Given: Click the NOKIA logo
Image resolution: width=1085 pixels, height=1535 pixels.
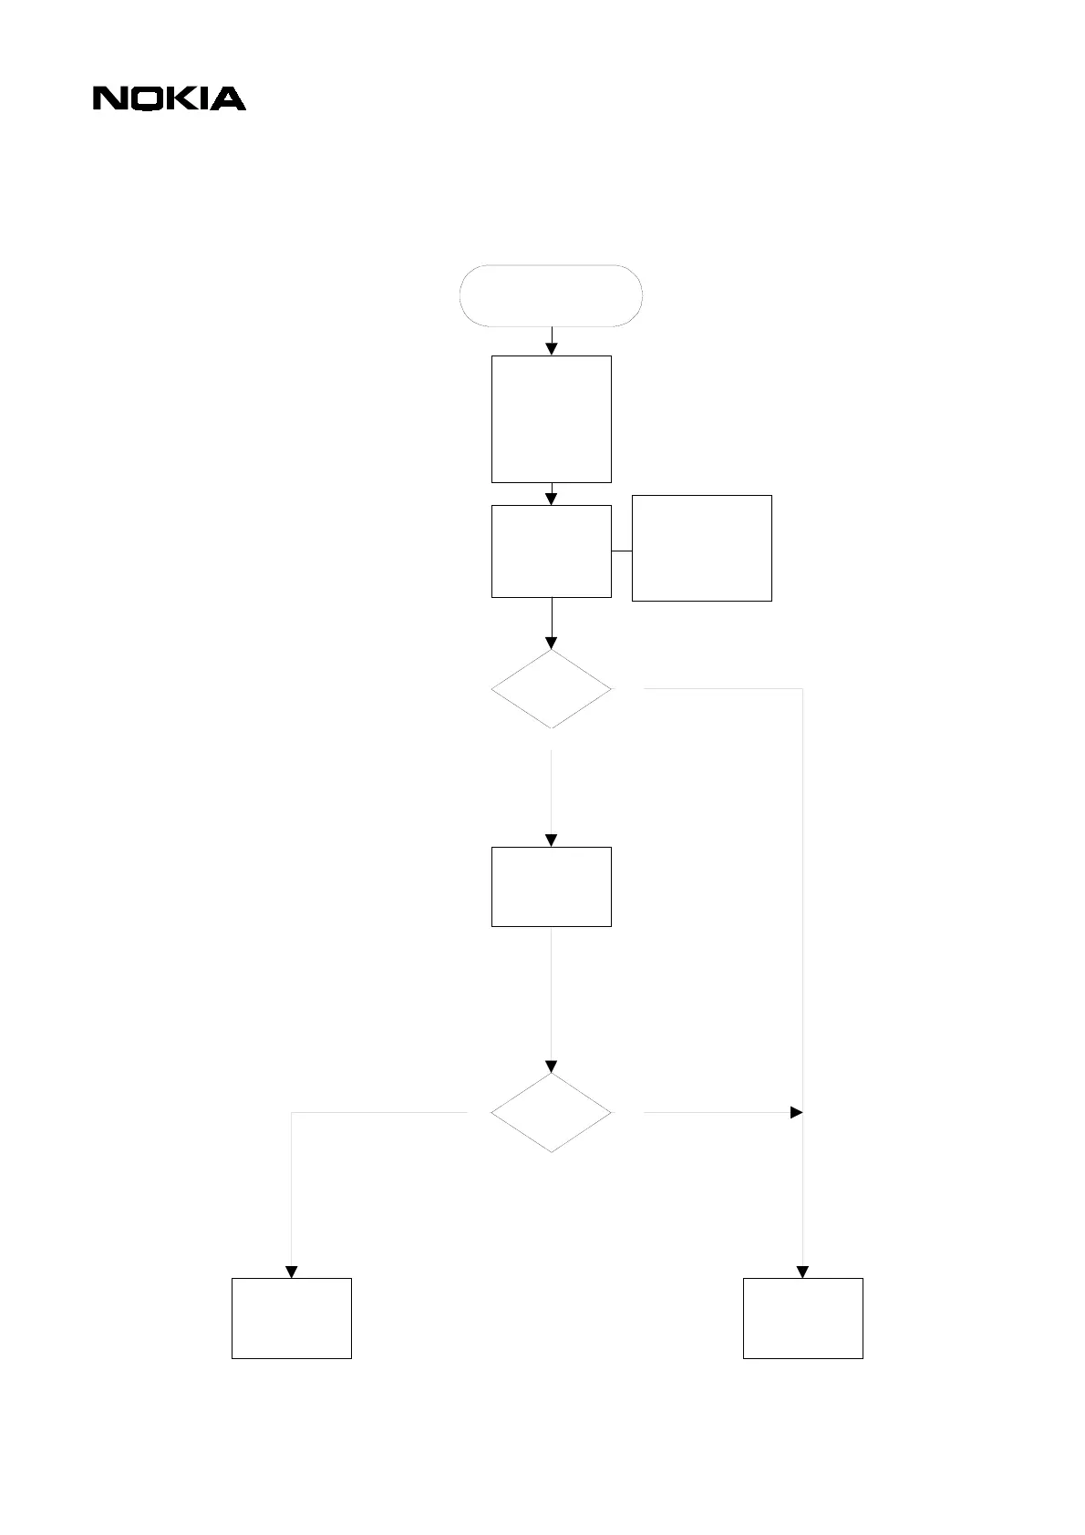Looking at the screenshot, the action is pos(169,98).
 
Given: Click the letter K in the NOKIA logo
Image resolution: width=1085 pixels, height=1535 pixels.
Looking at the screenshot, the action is pos(181,98).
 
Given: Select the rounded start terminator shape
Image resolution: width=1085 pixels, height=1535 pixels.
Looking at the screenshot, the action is pos(552,295).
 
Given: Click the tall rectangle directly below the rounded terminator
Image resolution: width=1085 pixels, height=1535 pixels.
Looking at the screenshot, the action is pos(552,418).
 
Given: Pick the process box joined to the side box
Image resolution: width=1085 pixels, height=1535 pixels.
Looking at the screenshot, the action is pos(552,551).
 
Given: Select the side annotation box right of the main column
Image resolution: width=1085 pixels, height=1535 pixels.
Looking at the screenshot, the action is pos(702,548).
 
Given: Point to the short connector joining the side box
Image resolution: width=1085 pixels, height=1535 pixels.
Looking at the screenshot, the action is pos(622,551).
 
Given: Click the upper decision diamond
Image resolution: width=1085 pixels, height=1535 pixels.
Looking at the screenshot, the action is pos(552,689).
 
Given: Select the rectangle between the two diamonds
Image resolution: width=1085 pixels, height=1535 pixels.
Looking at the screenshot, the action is pos(552,887).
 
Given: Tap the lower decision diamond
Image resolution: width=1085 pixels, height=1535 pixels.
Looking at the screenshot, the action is pos(552,1113).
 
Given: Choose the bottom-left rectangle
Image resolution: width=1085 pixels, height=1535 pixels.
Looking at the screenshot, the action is pos(292,1318).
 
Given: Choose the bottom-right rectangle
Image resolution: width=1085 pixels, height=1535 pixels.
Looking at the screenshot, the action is pos(803,1318).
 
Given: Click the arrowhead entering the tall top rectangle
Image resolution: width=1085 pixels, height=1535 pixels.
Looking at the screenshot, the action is pos(552,349).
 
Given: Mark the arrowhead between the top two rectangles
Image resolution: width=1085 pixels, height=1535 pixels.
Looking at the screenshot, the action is pos(552,499).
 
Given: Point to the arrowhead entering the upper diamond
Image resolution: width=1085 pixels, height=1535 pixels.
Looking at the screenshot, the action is pos(552,643).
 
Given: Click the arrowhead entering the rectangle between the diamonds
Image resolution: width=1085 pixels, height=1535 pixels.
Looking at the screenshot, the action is pos(552,840).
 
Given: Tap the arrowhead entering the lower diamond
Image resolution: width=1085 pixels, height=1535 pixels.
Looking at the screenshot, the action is pos(552,1066).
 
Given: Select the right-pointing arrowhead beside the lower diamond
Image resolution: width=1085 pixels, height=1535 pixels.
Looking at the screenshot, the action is pos(796,1113).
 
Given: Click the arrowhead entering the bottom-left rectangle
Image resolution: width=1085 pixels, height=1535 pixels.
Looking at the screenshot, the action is pos(292,1272).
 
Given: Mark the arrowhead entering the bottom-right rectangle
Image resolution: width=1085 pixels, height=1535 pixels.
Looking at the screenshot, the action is pos(803,1272).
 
